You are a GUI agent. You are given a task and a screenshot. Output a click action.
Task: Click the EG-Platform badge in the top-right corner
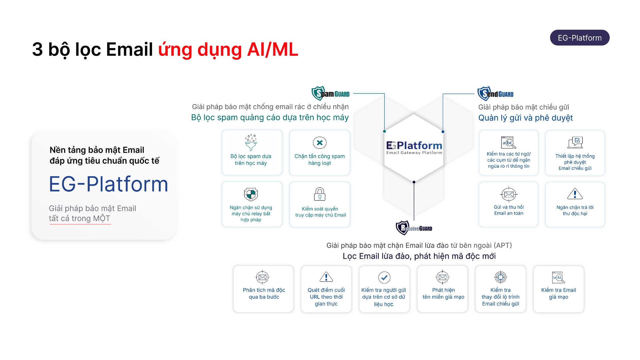(579, 38)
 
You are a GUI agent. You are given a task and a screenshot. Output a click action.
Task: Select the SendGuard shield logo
(484, 94)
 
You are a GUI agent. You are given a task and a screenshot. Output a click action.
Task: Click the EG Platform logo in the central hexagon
(414, 147)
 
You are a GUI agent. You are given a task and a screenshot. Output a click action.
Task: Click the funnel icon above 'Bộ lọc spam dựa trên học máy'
(251, 143)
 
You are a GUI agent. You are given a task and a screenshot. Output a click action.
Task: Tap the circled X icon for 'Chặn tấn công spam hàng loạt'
(320, 143)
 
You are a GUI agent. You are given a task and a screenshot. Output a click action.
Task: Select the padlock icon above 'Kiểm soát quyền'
(320, 194)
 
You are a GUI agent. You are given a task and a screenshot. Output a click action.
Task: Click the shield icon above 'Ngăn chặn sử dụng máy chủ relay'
(251, 194)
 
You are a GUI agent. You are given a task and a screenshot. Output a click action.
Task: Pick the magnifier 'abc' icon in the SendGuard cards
(509, 143)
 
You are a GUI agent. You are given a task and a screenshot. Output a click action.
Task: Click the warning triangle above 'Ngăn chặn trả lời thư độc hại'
(575, 194)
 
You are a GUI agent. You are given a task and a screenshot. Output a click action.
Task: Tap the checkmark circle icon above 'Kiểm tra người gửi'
(384, 277)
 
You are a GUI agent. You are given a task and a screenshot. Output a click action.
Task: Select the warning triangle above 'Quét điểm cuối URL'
(326, 277)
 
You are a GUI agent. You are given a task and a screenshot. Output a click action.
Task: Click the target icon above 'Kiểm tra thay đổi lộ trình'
(500, 277)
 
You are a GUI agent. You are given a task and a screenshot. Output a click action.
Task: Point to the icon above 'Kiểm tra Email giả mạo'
(558, 277)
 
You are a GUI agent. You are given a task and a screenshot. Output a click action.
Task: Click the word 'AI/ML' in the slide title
(273, 50)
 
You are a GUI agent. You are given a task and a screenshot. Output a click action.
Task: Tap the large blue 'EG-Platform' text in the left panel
(109, 184)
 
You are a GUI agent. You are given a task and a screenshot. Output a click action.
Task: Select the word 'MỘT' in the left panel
(102, 218)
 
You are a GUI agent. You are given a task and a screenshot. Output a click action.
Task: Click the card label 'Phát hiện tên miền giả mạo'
(443, 293)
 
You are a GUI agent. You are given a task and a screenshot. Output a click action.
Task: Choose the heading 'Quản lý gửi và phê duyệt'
(525, 118)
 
